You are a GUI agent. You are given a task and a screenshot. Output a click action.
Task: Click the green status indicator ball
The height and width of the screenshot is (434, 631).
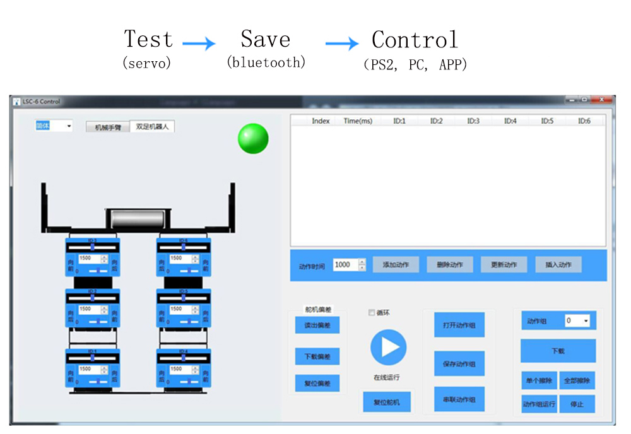point(253,138)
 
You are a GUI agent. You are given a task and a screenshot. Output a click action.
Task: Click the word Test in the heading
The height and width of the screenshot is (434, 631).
point(148,39)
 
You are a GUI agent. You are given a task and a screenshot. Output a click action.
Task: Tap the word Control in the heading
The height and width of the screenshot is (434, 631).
point(415,40)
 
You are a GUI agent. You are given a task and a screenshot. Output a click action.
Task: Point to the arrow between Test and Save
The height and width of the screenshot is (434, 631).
point(199,44)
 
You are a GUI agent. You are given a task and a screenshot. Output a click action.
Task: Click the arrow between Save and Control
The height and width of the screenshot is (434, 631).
point(342,44)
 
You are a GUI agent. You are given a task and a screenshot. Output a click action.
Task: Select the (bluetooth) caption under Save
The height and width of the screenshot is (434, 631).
point(266,62)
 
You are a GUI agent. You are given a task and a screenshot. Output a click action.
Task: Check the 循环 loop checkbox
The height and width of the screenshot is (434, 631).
point(372,312)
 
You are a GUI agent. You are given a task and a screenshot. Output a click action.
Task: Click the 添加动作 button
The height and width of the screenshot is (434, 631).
point(396,265)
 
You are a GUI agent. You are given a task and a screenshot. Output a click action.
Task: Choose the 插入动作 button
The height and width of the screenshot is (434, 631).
point(558,265)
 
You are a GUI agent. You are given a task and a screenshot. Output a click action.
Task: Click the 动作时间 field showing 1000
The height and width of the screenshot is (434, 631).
point(345,265)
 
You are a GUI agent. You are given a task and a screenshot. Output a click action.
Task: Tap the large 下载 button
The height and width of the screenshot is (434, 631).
point(558,351)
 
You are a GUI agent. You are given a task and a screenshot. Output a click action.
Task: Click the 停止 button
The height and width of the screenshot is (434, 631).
point(577,404)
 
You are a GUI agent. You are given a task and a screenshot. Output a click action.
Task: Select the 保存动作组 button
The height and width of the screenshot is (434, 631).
point(459,364)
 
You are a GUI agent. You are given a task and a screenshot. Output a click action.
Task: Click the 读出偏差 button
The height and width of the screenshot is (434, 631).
point(317,325)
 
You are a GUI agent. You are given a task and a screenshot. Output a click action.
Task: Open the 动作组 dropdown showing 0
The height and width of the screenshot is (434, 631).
point(577,321)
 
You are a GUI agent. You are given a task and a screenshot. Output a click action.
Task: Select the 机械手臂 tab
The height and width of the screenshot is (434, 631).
point(108,127)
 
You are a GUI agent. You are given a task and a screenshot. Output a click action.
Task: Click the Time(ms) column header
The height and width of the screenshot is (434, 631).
point(358,121)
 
